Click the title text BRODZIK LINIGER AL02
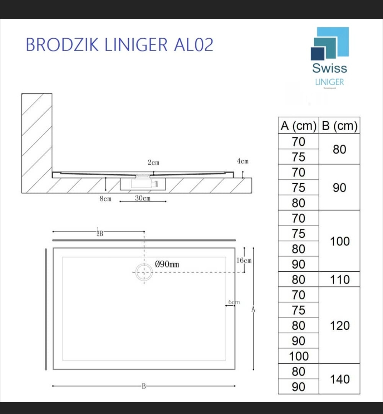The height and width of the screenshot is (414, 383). pos(120,45)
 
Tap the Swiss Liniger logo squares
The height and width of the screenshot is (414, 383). pos(330,43)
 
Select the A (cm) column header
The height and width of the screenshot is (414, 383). pos(298,126)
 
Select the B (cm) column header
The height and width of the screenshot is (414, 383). pos(339,126)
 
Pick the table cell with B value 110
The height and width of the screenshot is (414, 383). pos(339,279)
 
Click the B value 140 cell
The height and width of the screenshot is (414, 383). pos(339,379)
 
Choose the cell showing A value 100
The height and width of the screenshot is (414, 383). pos(298,356)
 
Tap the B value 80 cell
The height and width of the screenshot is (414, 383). pos(339,149)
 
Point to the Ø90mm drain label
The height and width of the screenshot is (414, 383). pos(167,265)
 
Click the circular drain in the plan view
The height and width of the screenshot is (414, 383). pos(144,272)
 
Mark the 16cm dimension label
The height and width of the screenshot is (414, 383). pos(244,261)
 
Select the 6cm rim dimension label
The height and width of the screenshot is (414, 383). pos(234,302)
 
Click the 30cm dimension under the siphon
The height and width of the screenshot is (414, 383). pos(143,198)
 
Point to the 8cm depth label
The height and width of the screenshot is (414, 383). pos(105,199)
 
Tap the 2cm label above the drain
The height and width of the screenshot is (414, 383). pos(153,163)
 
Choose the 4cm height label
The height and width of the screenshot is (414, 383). pos(243,161)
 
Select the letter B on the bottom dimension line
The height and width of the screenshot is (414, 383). pos(144,386)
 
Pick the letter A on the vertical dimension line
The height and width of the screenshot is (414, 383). pos(253,309)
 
